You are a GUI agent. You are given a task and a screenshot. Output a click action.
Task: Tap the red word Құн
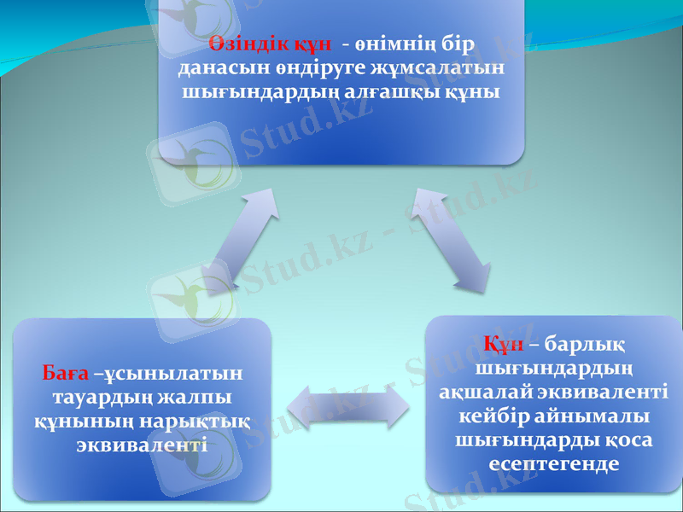tap(503, 345)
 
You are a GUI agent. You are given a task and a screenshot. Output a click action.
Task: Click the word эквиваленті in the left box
tap(141, 445)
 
